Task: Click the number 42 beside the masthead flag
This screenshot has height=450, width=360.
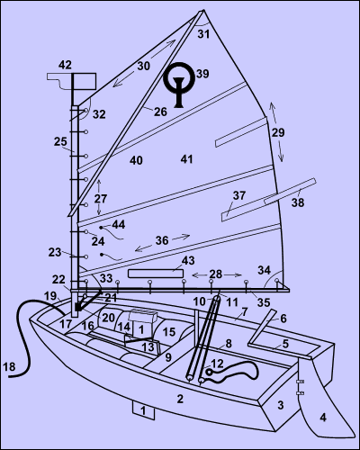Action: point(65,65)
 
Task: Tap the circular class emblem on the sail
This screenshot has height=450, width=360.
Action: point(179,76)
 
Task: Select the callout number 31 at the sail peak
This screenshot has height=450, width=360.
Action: point(203,34)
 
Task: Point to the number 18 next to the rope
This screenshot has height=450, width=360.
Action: point(9,366)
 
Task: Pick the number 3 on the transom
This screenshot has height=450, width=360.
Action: point(280,405)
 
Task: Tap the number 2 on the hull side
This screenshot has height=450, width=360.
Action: point(180,399)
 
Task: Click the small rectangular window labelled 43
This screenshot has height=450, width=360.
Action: point(156,274)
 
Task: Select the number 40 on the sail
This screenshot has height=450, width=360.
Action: point(136,160)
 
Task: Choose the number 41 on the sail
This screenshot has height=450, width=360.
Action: point(186,159)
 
